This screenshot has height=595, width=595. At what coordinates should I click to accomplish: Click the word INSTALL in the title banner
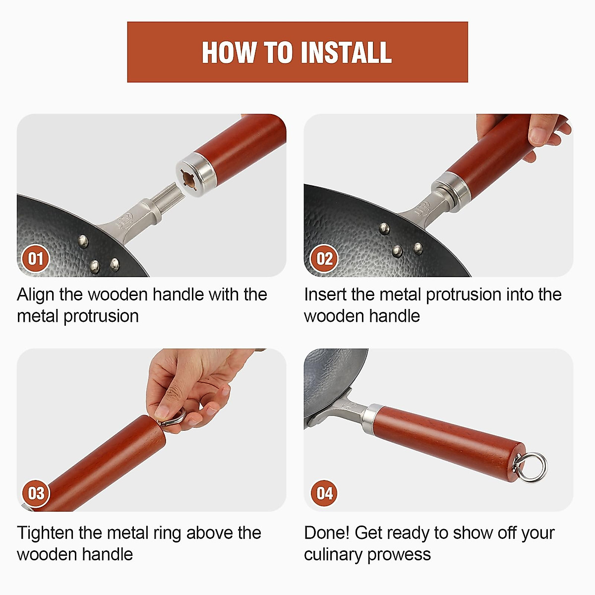click(346, 53)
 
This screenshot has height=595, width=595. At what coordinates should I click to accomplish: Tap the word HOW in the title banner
click(229, 53)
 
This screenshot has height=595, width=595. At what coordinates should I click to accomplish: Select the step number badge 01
click(36, 258)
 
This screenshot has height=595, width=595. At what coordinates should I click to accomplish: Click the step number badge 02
click(324, 258)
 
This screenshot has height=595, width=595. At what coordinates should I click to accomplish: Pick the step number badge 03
click(36, 493)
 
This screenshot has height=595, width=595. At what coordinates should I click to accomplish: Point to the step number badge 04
click(324, 493)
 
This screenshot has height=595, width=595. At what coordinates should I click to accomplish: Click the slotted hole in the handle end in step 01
click(188, 180)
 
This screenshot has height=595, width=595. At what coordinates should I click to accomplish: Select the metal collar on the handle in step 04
click(372, 419)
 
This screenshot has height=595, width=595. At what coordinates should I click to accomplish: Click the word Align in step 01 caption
click(36, 295)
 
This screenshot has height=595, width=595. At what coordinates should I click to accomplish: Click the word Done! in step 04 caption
click(327, 533)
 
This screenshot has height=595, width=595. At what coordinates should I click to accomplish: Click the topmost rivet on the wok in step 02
click(384, 229)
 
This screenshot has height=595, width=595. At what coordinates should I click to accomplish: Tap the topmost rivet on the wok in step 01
click(83, 241)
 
